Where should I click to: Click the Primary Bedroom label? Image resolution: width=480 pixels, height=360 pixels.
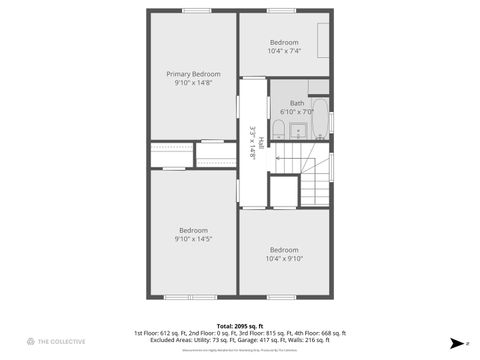click(193, 74)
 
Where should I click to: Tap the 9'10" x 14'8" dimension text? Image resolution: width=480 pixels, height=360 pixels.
click(193, 83)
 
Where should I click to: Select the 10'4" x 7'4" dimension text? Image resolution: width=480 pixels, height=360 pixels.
click(284, 50)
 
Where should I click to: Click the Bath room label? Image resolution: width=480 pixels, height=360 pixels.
click(297, 103)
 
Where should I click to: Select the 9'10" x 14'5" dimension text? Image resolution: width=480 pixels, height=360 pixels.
click(193, 239)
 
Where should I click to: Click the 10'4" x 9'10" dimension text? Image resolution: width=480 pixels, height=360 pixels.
click(284, 258)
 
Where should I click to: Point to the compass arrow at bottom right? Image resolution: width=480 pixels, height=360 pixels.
click(456, 341)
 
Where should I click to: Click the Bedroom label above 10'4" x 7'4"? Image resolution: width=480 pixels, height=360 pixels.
click(284, 42)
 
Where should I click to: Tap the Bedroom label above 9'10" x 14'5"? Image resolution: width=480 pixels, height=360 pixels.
click(193, 230)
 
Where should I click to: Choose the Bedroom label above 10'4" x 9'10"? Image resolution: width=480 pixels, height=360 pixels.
click(284, 249)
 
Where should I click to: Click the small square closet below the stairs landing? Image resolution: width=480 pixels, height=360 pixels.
click(284, 189)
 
